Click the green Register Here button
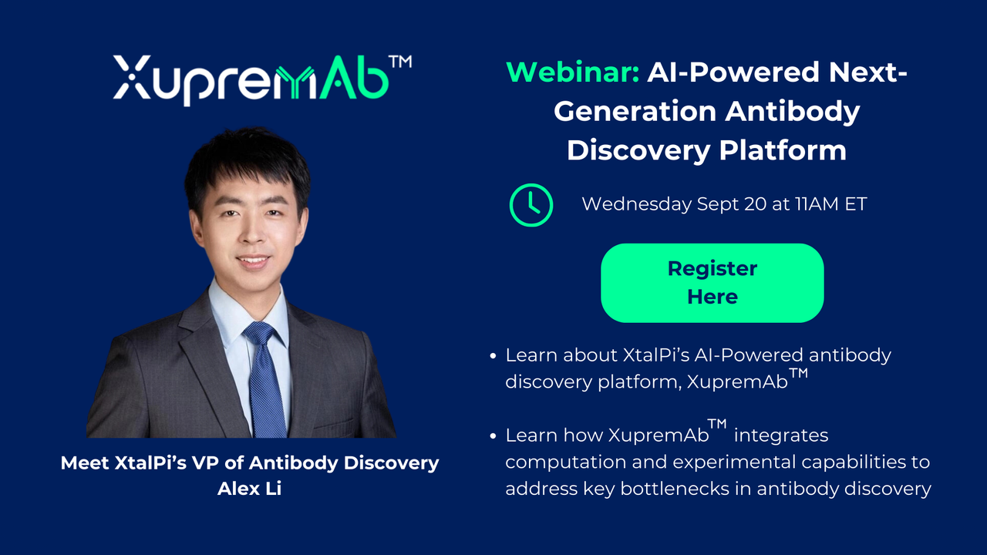pyautogui.click(x=712, y=283)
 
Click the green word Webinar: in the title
pyautogui.click(x=573, y=72)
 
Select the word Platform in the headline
pyautogui.click(x=783, y=150)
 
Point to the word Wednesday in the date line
pyautogui.click(x=636, y=204)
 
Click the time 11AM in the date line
pyautogui.click(x=818, y=204)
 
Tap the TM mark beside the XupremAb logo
pyautogui.click(x=400, y=62)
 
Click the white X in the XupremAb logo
pyautogui.click(x=132, y=76)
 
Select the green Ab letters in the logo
pyautogui.click(x=354, y=78)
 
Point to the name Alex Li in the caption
pyautogui.click(x=249, y=489)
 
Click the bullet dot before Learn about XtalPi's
pyautogui.click(x=493, y=356)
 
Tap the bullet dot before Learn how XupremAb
pyautogui.click(x=493, y=436)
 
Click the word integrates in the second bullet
pyautogui.click(x=781, y=436)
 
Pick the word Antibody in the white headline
pyautogui.click(x=793, y=112)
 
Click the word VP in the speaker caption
pyautogui.click(x=206, y=463)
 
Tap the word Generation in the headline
pyautogui.click(x=635, y=111)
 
